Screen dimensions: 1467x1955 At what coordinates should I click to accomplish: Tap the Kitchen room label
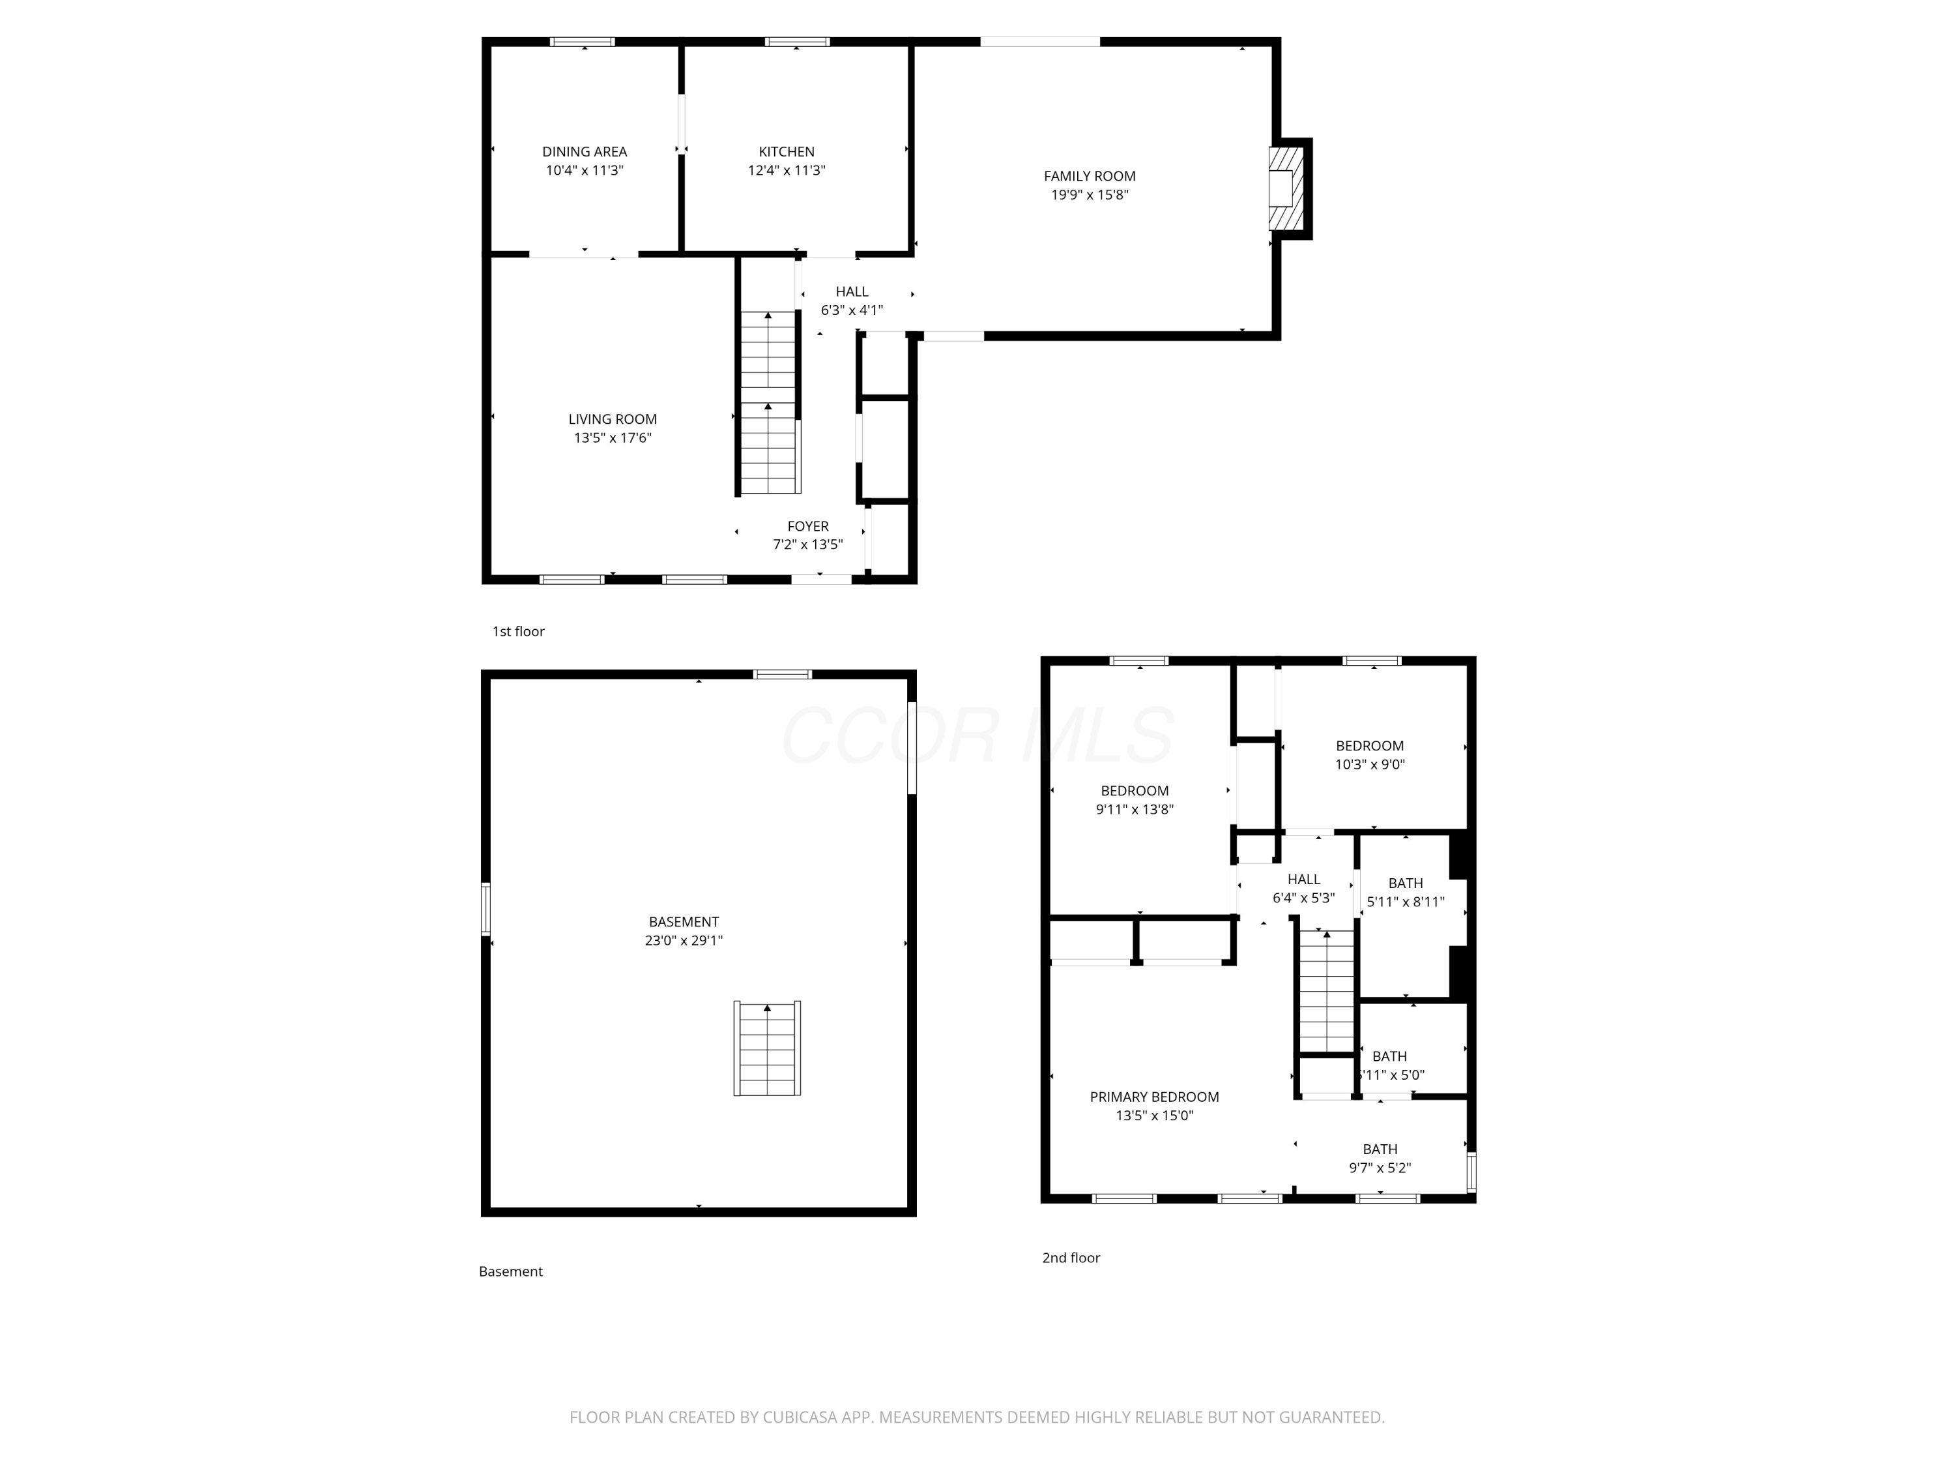tap(786, 152)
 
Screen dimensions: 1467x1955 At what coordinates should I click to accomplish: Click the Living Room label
tap(613, 419)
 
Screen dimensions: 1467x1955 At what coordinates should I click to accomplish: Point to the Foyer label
tap(808, 526)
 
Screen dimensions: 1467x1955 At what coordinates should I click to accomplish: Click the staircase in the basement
tap(767, 1048)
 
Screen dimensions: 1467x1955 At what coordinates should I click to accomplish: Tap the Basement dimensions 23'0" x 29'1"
tap(683, 941)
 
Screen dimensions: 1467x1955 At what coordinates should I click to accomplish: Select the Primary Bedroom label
tap(1154, 1097)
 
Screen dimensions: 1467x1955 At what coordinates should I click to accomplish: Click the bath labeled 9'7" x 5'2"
tap(1380, 1157)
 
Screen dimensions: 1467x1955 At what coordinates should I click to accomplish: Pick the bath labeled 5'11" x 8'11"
tap(1405, 891)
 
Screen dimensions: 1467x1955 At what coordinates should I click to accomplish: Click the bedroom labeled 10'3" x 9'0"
tap(1369, 754)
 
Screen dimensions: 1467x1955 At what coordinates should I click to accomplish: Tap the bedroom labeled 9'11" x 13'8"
tap(1135, 799)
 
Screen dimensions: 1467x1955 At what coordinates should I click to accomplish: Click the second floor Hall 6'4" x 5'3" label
tap(1303, 888)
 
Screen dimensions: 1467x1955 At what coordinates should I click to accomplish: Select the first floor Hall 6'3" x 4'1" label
tap(852, 301)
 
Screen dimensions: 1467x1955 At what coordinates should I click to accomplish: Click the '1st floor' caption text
tap(518, 631)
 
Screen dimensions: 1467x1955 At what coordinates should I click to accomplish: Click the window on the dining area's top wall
tap(583, 42)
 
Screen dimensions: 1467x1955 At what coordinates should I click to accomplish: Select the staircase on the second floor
tap(1325, 990)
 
